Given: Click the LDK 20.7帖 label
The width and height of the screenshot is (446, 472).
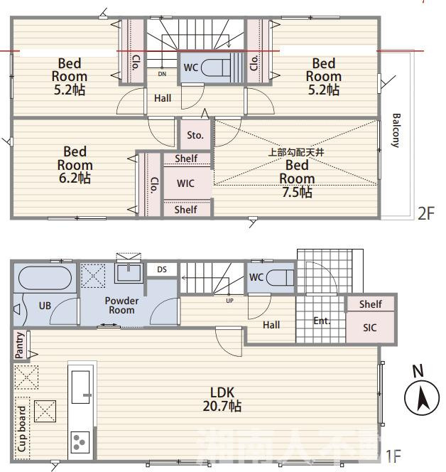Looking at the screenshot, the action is pos(222,399).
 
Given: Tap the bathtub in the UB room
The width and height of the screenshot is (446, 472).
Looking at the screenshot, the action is pos(45,278).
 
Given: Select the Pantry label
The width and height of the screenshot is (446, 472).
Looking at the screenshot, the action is pos(19,345).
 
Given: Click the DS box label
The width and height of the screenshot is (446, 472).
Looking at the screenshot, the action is pos(162,269).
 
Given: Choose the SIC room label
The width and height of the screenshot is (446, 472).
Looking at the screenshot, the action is pos(369,328).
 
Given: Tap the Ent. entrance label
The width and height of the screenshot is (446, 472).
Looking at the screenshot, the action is pos(322,321).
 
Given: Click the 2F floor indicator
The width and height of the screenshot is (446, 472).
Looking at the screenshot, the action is pos(426,214).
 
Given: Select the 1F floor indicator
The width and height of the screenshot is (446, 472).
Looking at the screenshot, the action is pos(393,456).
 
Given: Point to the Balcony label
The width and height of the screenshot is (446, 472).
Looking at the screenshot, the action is pos(396,130).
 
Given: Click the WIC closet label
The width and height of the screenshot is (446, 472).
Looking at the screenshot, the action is pos(185,183).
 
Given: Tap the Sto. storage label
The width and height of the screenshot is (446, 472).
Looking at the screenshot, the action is pos(195,135).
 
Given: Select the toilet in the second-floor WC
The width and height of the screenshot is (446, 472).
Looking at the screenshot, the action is pos(216,68).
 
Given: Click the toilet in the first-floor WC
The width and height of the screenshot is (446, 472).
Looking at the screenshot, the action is pos(281,277).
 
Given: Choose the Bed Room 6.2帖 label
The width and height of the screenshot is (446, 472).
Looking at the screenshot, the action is pos(75,165).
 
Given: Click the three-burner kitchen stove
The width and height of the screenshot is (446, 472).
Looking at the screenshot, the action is pos(80,442).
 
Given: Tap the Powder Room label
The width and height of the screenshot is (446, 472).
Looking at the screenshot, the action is pos(122,305).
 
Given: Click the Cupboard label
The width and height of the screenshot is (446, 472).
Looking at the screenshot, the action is pos(22,429).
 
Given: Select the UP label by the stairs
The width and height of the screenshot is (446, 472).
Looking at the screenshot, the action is pos(229,301).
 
